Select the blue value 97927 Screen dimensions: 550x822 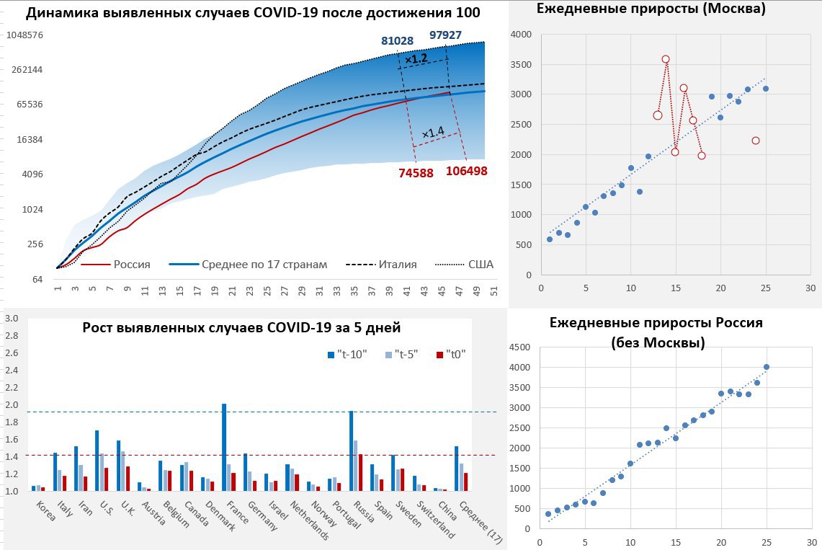tap(446, 35)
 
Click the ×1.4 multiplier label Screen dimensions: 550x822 tap(433, 133)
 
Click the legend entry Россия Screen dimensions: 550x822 tap(132, 265)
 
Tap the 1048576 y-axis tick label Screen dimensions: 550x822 tap(24, 35)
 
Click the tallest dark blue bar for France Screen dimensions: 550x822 tap(224, 447)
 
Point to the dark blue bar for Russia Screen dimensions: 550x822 tap(351, 451)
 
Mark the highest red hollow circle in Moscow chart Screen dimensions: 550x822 tap(666, 59)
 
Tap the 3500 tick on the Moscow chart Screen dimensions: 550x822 tap(522, 64)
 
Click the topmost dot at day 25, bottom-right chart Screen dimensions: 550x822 tap(767, 367)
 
